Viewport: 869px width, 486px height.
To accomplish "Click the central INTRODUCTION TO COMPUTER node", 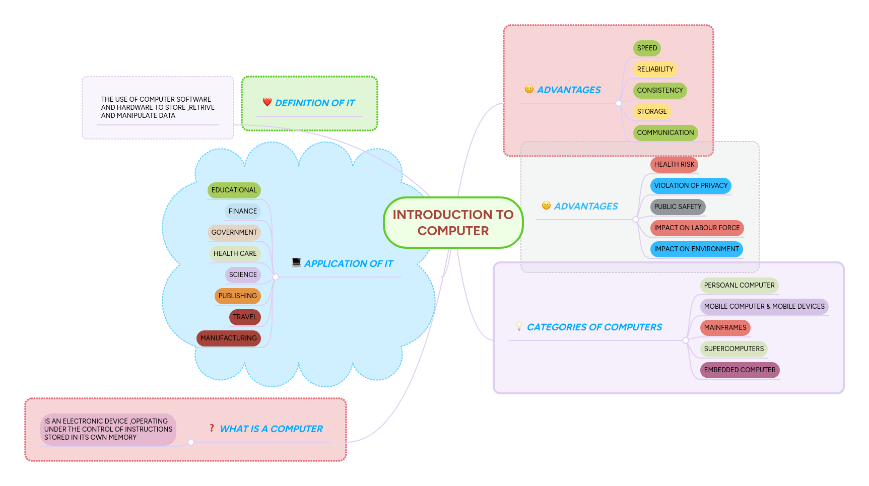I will [453, 223].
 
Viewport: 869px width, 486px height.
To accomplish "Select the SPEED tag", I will [647, 48].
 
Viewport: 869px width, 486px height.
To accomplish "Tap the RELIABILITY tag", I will [654, 70].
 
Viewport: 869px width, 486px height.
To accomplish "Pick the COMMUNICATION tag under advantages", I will [665, 133].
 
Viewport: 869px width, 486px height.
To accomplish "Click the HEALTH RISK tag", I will [674, 165].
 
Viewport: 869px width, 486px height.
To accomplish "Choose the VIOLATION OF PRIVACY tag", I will [690, 186].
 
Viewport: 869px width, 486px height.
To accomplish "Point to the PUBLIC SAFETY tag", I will [677, 207].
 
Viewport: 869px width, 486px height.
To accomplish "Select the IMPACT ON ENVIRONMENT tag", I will [696, 249].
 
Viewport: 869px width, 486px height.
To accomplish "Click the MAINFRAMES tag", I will [724, 328].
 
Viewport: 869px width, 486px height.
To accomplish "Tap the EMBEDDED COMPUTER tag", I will [739, 370].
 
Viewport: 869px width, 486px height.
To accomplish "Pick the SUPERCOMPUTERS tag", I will [733, 349].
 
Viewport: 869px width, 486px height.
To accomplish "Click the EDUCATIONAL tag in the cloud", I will [234, 190].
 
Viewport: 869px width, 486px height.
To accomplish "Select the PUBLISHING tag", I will [237, 296].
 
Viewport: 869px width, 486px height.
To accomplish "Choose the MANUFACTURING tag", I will [228, 338].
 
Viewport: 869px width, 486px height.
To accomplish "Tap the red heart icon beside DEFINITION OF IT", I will [267, 102].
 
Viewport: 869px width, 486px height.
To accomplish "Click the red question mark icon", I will [212, 428].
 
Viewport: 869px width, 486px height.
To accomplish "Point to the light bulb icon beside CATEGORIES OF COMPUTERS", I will [519, 326].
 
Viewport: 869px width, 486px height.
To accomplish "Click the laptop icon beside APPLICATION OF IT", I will [296, 262].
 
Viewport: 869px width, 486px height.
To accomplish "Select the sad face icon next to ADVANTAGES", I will [546, 205].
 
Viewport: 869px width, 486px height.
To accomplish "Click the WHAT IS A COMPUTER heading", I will [271, 429].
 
